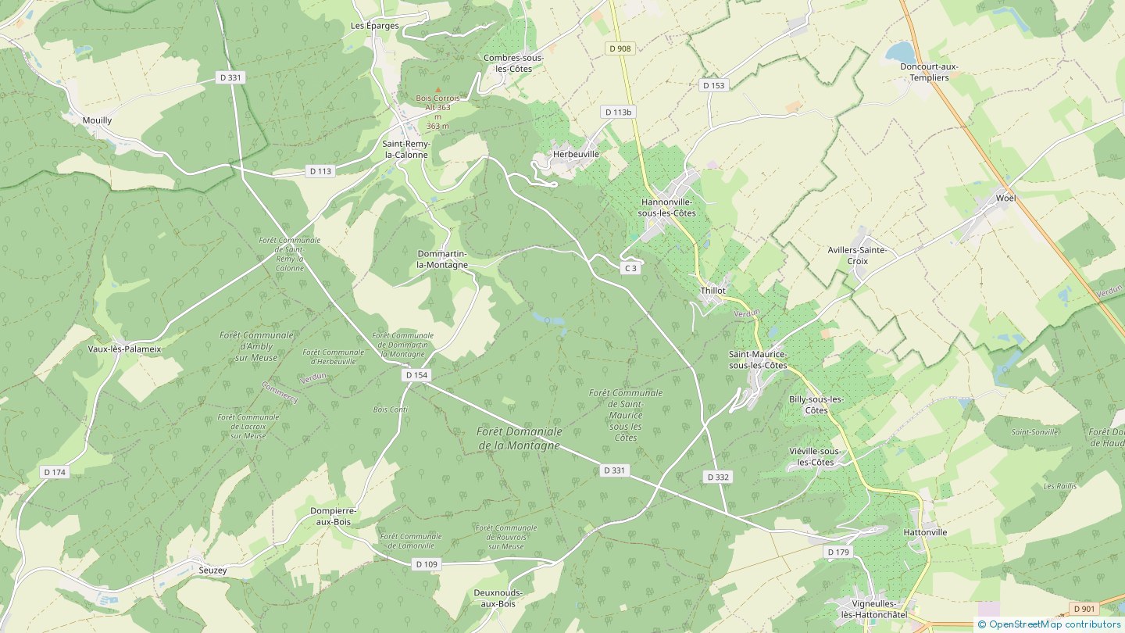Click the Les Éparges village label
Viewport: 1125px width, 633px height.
pos(375,26)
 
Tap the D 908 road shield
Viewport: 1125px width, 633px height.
pos(620,48)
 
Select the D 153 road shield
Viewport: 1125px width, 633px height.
pos(714,85)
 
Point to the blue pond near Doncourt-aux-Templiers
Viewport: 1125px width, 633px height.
pos(900,52)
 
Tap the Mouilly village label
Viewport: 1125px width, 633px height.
pos(97,120)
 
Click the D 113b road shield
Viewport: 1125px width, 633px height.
pos(618,112)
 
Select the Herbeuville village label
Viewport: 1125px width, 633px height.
pos(576,154)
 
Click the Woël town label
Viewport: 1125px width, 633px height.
pos(1005,198)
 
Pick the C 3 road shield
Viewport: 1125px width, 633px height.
pos(631,268)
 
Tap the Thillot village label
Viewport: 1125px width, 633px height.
pos(712,290)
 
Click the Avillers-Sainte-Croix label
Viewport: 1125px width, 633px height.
pos(857,255)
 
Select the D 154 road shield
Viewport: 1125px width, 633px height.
pos(417,375)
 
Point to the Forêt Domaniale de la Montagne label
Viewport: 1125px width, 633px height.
pos(519,438)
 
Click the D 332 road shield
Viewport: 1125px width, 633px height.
pos(718,477)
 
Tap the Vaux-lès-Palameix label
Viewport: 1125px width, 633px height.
pos(124,349)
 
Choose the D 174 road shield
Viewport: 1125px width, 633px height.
pos(55,472)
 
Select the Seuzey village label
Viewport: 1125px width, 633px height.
pos(212,570)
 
